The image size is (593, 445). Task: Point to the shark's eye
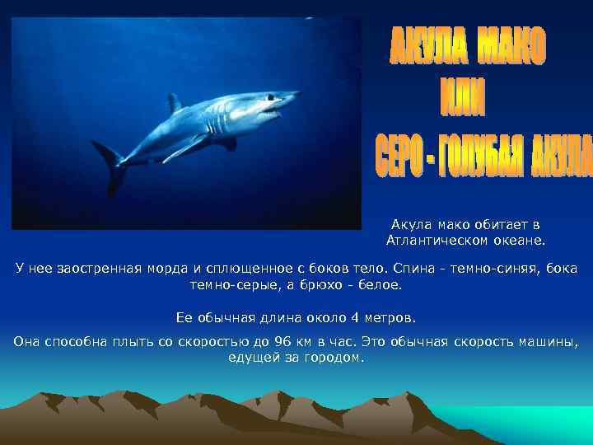(268, 99)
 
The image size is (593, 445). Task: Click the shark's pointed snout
(292, 97)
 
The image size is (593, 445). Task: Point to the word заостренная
(100, 269)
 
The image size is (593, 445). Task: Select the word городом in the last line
(334, 358)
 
